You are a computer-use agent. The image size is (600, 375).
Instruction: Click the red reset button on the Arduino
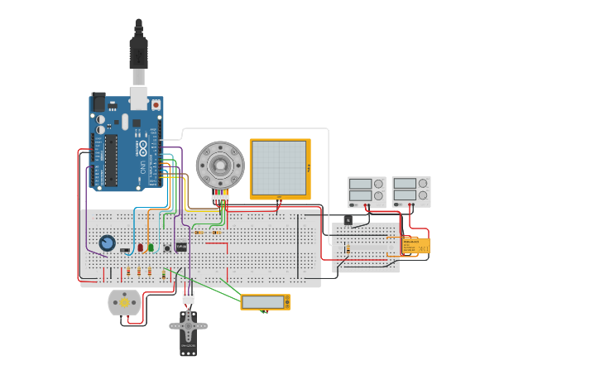tap(156, 106)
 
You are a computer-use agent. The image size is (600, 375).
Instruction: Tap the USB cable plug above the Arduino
tap(138, 54)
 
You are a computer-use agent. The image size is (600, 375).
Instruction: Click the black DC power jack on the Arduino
tap(98, 102)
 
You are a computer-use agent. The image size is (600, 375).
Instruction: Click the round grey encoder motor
tap(220, 165)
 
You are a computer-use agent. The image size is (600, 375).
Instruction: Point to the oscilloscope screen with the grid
tap(280, 169)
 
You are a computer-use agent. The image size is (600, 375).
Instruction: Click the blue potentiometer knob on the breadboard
tap(107, 243)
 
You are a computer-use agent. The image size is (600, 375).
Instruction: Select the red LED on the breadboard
tap(141, 247)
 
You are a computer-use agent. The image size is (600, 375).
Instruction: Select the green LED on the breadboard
tap(151, 247)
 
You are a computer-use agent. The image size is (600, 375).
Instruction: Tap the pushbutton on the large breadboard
tap(167, 248)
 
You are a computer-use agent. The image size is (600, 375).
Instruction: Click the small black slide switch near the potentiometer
tap(124, 250)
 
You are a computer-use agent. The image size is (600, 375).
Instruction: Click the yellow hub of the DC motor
tap(125, 303)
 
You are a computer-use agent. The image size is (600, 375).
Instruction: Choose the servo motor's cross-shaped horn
tap(189, 325)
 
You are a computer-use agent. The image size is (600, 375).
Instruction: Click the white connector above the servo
tap(189, 296)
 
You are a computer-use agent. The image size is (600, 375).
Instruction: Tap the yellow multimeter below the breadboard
tap(266, 302)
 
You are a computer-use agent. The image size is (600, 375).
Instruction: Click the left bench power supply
tap(367, 191)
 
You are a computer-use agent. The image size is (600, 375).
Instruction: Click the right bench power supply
tap(411, 191)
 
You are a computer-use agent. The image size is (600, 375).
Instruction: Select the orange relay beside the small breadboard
tap(415, 245)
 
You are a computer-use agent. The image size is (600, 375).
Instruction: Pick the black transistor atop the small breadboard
tap(348, 219)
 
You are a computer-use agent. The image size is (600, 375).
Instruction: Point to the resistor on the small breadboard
tap(348, 248)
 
